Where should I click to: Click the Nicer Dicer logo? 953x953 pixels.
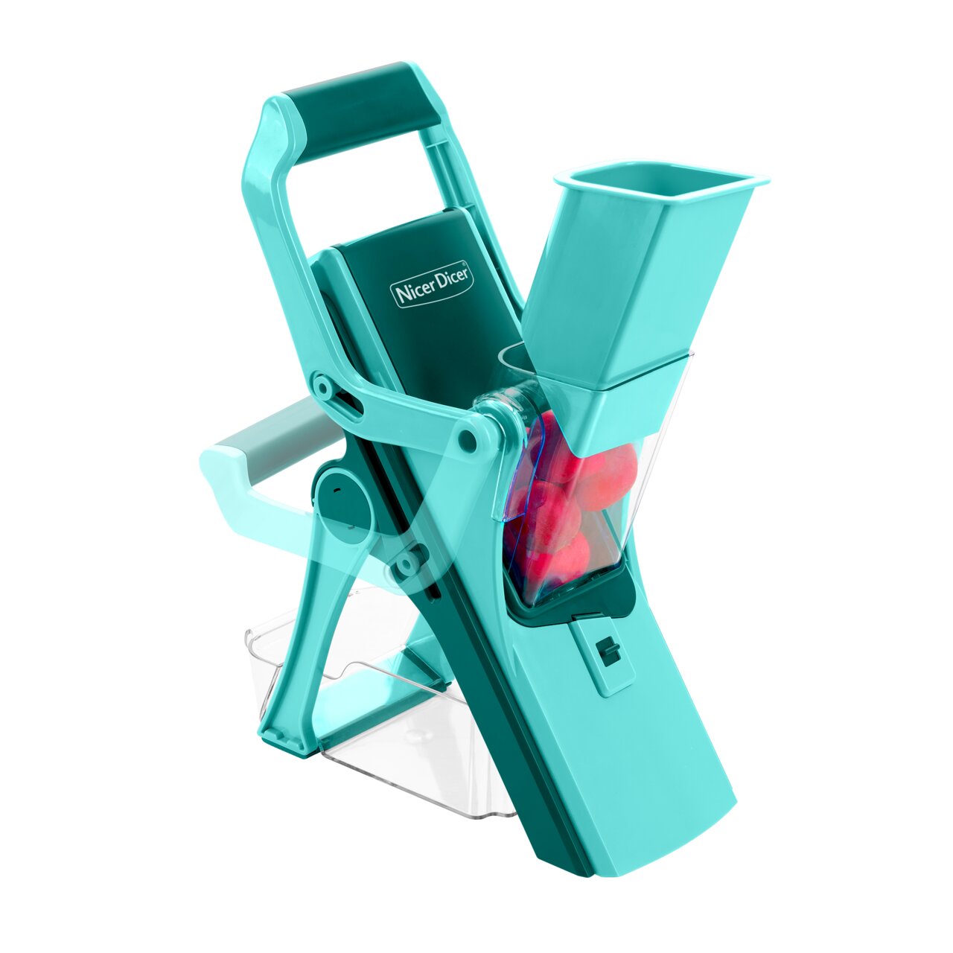[432, 286]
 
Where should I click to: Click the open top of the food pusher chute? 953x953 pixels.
[661, 186]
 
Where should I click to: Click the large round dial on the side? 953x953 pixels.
[345, 505]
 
